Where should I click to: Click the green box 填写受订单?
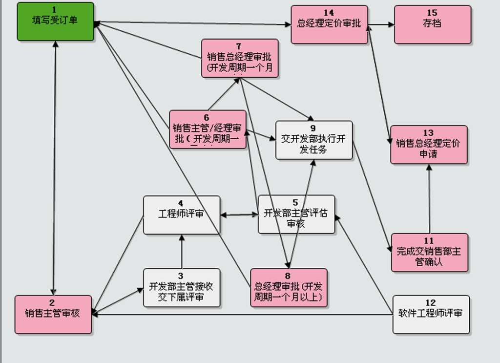click(55, 21)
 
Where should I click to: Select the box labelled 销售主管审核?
click(53, 314)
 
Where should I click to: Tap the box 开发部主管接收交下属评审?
click(181, 288)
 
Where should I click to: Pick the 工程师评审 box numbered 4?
click(181, 215)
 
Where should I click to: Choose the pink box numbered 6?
click(207, 129)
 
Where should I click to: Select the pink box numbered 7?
click(239, 58)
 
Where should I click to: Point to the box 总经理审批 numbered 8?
click(288, 288)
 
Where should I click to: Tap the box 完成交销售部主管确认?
click(429, 252)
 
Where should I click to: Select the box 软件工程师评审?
click(431, 315)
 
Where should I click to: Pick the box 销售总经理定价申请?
click(428, 145)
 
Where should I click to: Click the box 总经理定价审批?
click(329, 24)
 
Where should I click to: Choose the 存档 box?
click(432, 24)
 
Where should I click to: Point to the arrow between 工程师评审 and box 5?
click(239, 214)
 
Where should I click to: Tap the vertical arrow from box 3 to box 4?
click(181, 251)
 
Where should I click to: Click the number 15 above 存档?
click(432, 13)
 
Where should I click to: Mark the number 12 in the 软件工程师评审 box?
click(431, 303)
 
